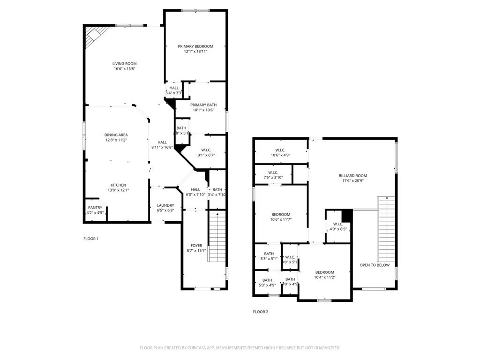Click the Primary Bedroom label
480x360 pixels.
coord(195,46)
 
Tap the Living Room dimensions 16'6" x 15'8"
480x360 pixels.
coord(124,69)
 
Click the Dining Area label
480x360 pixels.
coord(116,135)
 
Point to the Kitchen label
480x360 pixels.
coord(118,185)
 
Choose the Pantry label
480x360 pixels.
coord(95,208)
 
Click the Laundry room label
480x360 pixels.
coord(165,205)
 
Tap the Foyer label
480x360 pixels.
coord(196,246)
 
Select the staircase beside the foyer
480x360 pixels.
coord(217,237)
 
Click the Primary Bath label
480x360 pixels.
coord(203,105)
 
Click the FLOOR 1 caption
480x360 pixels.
coord(91,239)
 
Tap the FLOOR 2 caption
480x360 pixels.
coord(261,312)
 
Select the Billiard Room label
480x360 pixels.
coord(352,176)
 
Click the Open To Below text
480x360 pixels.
coord(375,265)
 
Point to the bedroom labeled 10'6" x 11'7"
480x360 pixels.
coord(281,215)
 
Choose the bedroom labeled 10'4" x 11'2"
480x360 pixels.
coord(324,272)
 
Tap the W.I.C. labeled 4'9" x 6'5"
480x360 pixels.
coord(338,224)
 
